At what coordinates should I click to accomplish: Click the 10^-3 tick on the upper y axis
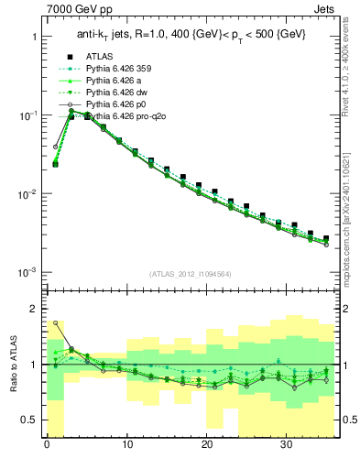coord(27,273)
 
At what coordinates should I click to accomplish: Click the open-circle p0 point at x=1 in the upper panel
coord(56,146)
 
